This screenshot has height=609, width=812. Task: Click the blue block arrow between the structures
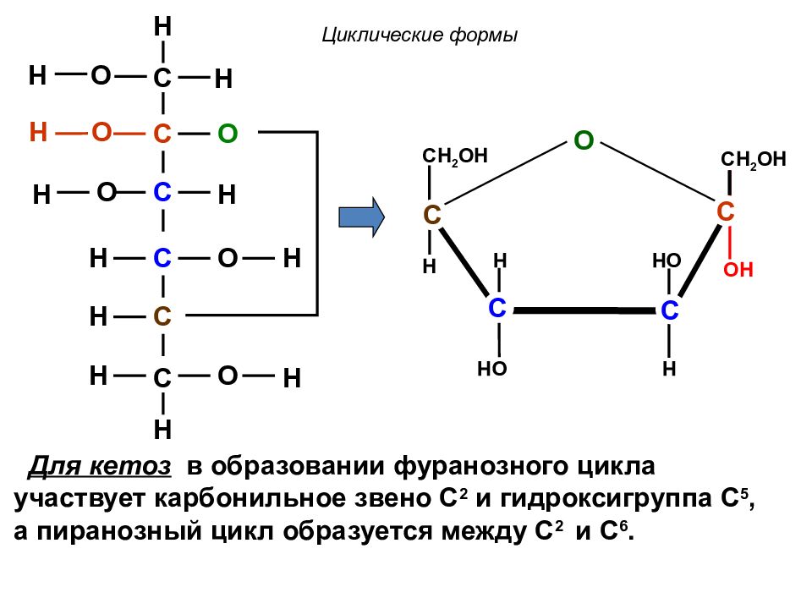coord(361,217)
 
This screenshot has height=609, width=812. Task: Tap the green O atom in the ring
coord(584,140)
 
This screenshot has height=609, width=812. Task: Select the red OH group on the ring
coord(738,269)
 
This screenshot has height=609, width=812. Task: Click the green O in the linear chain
coord(228,134)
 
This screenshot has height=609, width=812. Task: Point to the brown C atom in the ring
coord(432,214)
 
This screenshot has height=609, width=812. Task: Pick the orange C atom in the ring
coord(725,211)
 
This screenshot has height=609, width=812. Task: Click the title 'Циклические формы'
coord(420,36)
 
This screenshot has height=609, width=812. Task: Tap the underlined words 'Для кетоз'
coord(99,466)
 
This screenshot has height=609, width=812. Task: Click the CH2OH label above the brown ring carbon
coord(455,156)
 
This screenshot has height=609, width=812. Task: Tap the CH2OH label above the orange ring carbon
coord(754,160)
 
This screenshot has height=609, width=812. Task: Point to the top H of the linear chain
coord(162,26)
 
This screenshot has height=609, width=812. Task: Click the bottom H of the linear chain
coord(162,430)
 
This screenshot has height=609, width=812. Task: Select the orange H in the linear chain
coord(38,132)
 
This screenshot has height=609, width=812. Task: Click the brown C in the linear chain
coord(162,315)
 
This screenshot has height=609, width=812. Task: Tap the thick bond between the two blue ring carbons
coord(584,310)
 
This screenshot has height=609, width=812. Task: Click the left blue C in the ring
coord(497,308)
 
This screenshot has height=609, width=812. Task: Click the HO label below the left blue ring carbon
coord(492,369)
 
